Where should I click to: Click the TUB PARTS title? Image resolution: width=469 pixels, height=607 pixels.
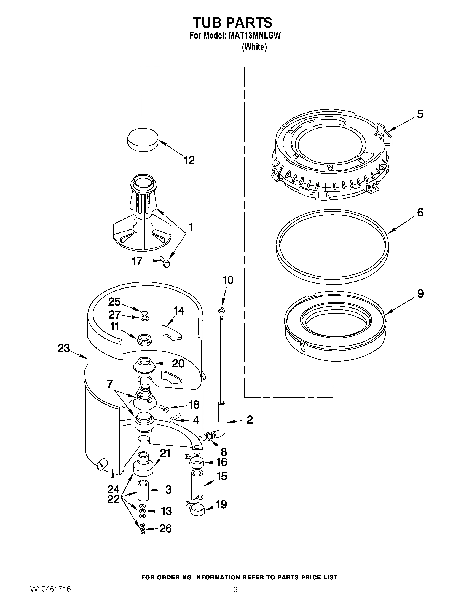(x=233, y=22)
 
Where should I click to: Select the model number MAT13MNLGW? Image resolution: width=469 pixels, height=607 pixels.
(x=254, y=36)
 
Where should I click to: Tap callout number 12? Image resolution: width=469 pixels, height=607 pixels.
(x=189, y=160)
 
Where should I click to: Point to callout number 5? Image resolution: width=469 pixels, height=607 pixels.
(x=420, y=114)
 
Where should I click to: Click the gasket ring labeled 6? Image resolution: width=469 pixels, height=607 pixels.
(x=332, y=247)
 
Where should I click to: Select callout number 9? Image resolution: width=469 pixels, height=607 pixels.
(x=420, y=293)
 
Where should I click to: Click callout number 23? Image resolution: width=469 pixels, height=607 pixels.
(x=64, y=348)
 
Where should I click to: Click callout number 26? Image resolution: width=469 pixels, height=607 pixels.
(x=165, y=528)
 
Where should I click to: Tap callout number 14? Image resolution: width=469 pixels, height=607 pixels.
(x=179, y=311)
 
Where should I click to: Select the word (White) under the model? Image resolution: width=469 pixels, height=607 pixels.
(x=254, y=47)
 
